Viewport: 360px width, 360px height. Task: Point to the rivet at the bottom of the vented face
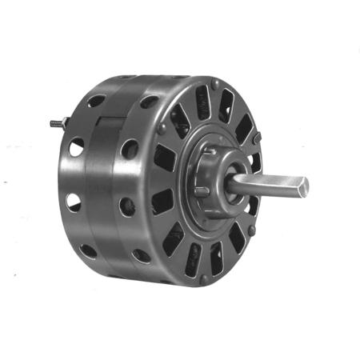[204, 278]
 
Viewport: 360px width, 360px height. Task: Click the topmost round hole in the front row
[149, 102]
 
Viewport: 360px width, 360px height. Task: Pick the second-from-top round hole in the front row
[130, 149]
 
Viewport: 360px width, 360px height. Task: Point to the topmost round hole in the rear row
[97, 101]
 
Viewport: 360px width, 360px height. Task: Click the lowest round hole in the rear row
[88, 249]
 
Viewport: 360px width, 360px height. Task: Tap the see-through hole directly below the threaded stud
[76, 147]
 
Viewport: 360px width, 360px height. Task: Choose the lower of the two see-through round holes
[74, 202]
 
